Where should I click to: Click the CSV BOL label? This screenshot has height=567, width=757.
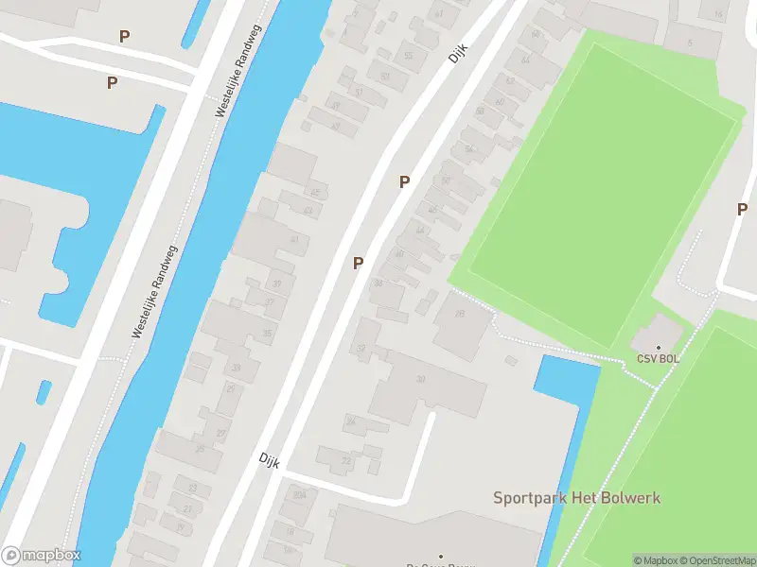(658, 359)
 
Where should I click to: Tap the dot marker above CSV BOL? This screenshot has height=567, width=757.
(659, 348)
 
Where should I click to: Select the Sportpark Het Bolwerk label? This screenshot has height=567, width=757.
(576, 497)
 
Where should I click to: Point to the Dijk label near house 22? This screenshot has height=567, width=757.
(270, 458)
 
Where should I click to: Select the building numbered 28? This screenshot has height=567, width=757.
(461, 317)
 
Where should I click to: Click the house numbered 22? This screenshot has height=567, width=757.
(344, 460)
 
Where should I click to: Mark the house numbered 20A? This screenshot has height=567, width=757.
(299, 494)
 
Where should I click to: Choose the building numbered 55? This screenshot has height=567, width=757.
(409, 56)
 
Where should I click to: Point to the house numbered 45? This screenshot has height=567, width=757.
(315, 193)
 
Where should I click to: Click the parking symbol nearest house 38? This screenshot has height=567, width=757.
(358, 263)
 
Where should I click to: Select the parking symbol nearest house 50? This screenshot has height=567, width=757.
(404, 181)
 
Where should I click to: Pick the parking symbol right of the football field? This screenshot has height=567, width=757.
(743, 209)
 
